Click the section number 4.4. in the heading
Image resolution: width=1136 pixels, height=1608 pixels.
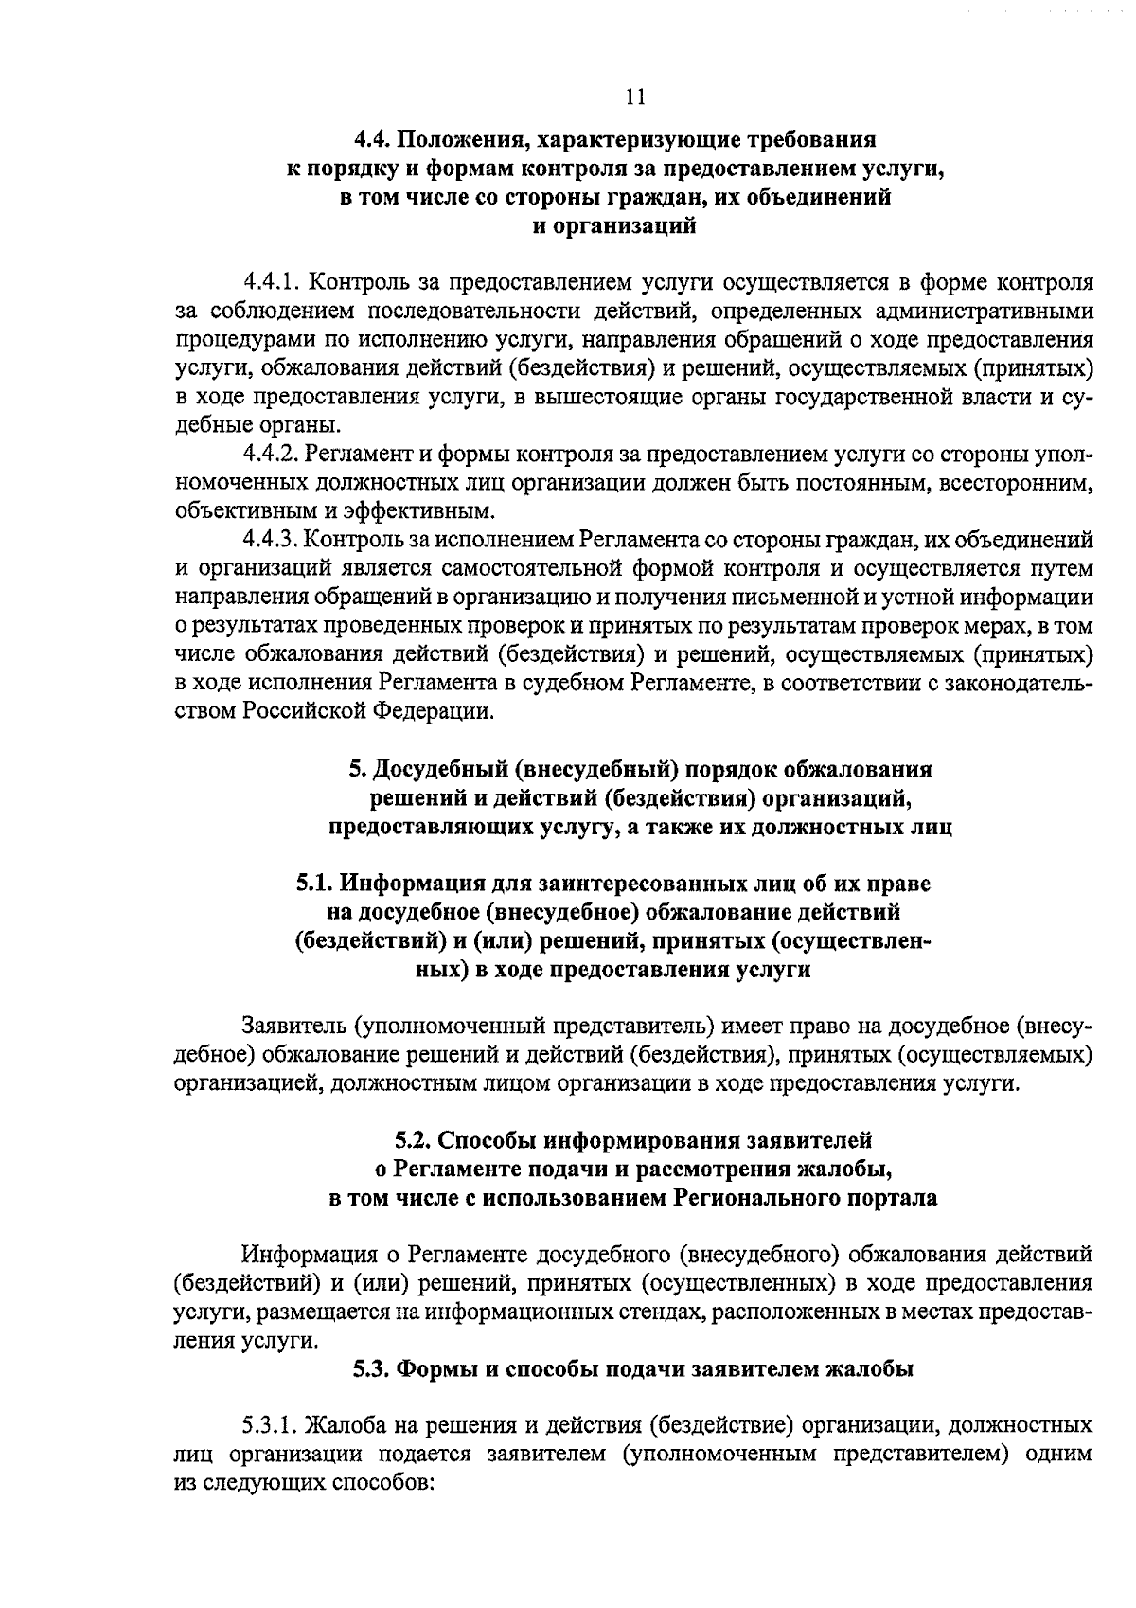pos(372,141)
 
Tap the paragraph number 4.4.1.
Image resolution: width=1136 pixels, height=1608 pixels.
pos(271,283)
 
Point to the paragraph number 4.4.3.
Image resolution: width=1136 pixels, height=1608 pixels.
pos(271,540)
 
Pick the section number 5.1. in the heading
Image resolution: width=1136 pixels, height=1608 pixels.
pos(314,884)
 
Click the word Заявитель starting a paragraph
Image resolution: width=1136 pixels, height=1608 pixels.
pos(294,1026)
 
